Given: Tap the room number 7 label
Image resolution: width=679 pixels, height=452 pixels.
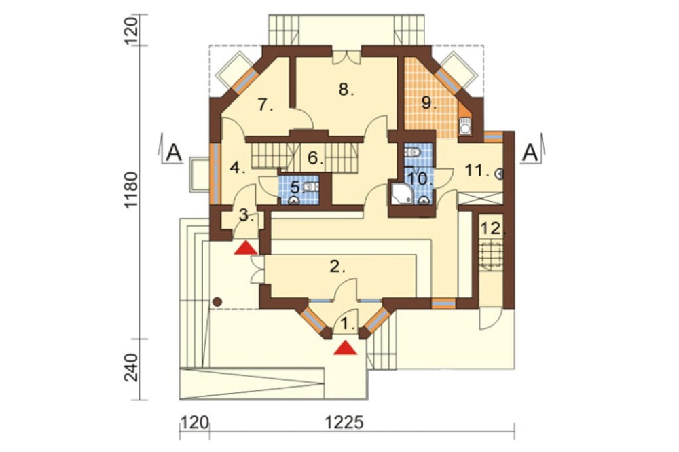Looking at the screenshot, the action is pyautogui.click(x=265, y=105).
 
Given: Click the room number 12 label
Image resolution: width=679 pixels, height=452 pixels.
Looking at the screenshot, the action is pyautogui.click(x=492, y=228).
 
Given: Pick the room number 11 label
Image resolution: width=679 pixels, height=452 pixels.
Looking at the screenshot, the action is pyautogui.click(x=477, y=170).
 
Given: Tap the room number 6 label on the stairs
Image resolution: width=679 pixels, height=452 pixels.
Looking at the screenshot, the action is pyautogui.click(x=316, y=157).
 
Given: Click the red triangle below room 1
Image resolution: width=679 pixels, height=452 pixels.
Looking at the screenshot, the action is pyautogui.click(x=345, y=347).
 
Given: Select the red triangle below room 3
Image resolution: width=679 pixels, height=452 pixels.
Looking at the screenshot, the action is pyautogui.click(x=246, y=248).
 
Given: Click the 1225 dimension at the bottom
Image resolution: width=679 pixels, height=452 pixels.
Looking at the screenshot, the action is pyautogui.click(x=345, y=423).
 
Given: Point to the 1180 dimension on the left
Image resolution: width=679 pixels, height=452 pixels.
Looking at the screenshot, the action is pyautogui.click(x=131, y=191).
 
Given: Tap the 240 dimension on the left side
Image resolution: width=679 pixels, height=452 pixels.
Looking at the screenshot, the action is pyautogui.click(x=131, y=368).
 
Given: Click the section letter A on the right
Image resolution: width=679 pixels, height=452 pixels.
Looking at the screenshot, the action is pyautogui.click(x=531, y=153).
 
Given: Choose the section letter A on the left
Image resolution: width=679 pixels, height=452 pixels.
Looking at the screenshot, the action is pyautogui.click(x=174, y=153).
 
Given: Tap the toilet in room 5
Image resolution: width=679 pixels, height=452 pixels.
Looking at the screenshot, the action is pyautogui.click(x=310, y=187).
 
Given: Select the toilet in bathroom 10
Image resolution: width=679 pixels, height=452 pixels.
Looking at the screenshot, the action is pyautogui.click(x=412, y=152).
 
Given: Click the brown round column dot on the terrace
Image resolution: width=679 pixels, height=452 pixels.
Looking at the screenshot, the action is pyautogui.click(x=217, y=301).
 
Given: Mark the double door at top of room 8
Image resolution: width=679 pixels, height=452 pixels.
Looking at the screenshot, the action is pyautogui.click(x=347, y=58).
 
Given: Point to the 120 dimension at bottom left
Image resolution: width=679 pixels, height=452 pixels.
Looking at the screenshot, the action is pyautogui.click(x=194, y=423).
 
